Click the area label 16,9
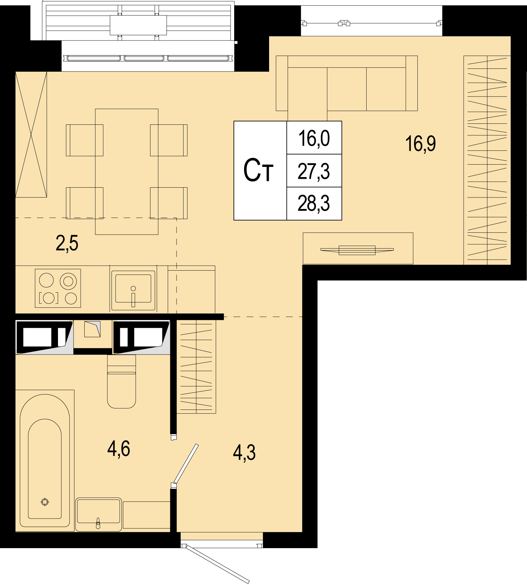[421, 144]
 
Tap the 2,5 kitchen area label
[67, 244]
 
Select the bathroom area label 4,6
[119, 449]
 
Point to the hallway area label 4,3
[244, 453]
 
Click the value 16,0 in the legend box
[314, 138]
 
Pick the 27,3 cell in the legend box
[314, 172]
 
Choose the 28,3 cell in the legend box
[314, 203]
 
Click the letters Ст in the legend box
[259, 171]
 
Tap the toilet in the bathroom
[122, 382]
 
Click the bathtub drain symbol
[45, 502]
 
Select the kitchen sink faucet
[133, 296]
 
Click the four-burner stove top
[58, 288]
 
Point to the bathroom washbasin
[98, 514]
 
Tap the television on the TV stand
[357, 250]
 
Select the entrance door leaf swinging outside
[218, 565]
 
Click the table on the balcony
[138, 25]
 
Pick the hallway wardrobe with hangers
[196, 366]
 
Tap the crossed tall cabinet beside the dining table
[31, 134]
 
